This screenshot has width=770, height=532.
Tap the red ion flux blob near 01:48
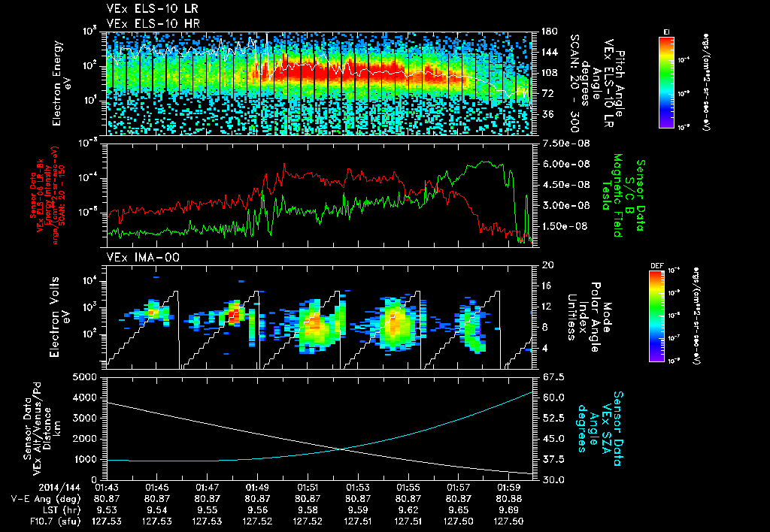click(x=233, y=311)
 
